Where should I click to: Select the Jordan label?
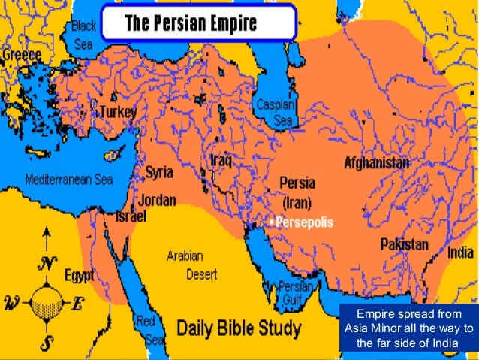(x=158, y=200)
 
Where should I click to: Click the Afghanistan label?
(x=377, y=162)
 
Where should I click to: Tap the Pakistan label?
(x=404, y=244)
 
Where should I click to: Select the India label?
(x=460, y=253)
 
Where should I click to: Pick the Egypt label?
(x=79, y=276)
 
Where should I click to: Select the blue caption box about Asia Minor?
(x=408, y=328)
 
